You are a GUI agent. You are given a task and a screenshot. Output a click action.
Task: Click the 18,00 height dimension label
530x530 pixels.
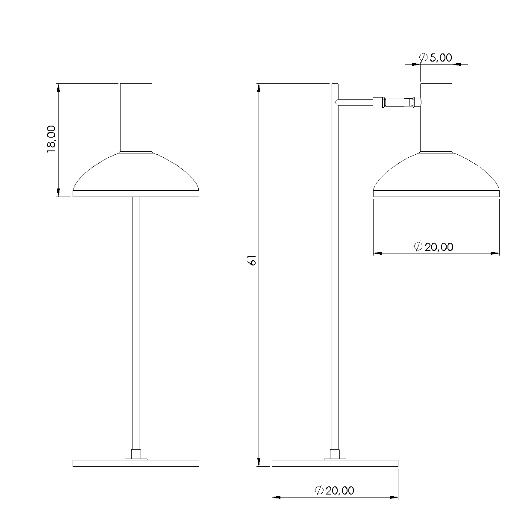click(x=51, y=139)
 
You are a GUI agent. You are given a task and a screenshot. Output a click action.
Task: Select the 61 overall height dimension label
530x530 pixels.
click(x=252, y=260)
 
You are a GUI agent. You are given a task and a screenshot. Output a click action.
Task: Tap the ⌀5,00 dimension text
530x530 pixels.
click(x=436, y=57)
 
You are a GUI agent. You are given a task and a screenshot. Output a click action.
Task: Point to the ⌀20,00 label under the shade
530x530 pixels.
click(x=433, y=247)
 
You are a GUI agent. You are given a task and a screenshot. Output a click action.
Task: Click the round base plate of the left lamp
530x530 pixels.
click(x=136, y=463)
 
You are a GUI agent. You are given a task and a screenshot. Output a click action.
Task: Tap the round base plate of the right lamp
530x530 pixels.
click(x=335, y=463)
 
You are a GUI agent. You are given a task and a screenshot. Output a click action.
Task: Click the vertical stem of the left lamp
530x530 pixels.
click(x=136, y=323)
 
